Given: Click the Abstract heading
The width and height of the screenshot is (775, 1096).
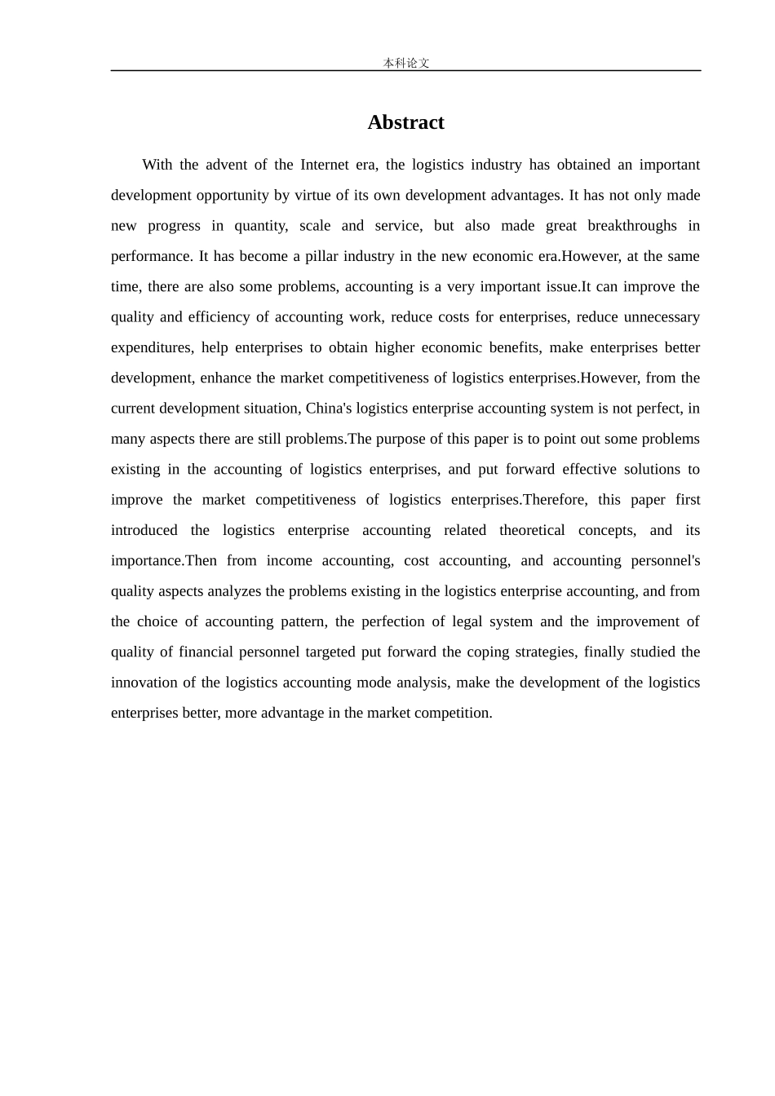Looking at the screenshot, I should point(405,122).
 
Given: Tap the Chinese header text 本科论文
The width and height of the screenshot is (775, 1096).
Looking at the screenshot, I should point(406,63).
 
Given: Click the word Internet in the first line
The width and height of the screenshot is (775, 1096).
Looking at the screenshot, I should point(325,165).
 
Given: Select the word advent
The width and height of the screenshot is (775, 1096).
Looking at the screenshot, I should point(224,165).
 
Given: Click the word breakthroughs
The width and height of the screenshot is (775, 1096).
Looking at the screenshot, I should point(632,226).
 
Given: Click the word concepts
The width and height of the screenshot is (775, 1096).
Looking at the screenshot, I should point(607,530).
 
